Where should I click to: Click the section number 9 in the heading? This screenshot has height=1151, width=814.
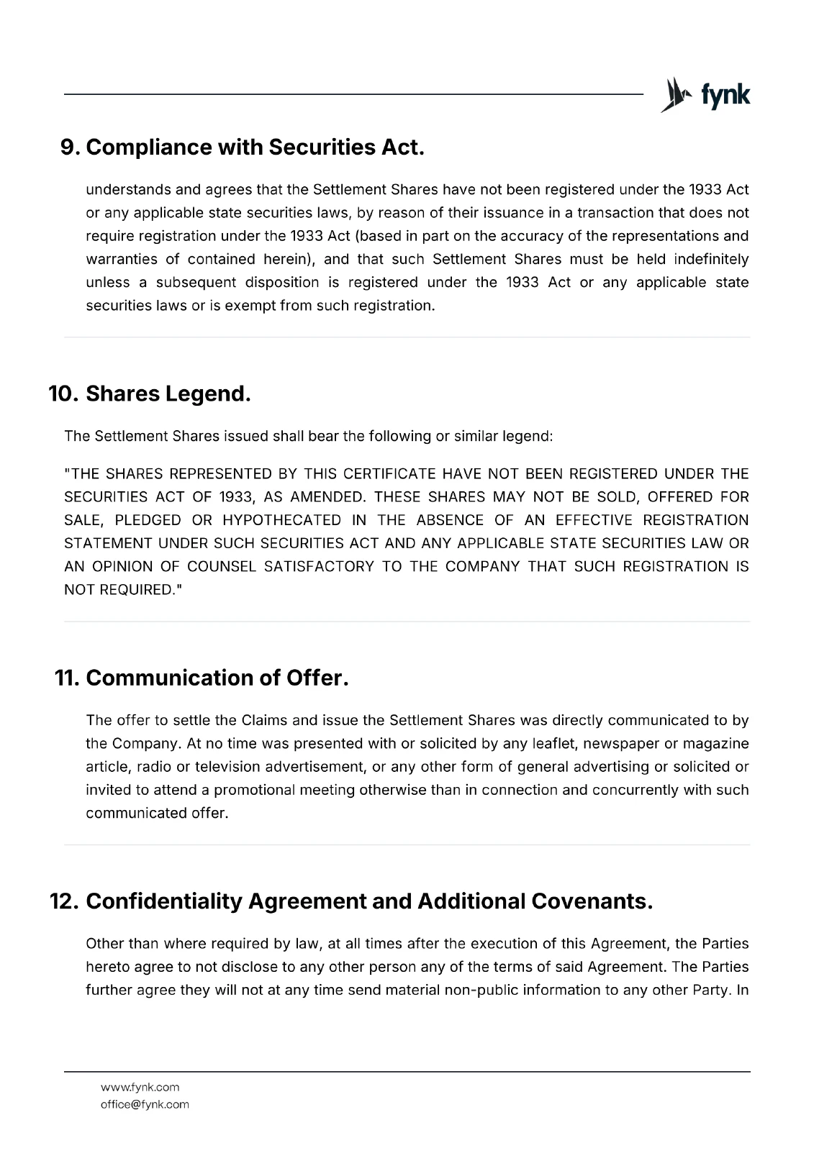[x=69, y=147]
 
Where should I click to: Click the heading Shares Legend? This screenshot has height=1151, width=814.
[x=168, y=393]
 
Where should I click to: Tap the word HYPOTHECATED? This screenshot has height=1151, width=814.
[x=281, y=520]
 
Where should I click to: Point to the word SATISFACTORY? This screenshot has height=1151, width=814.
[x=319, y=566]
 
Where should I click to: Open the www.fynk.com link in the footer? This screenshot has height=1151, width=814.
[x=140, y=1087]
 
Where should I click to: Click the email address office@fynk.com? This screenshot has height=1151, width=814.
[x=145, y=1104]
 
